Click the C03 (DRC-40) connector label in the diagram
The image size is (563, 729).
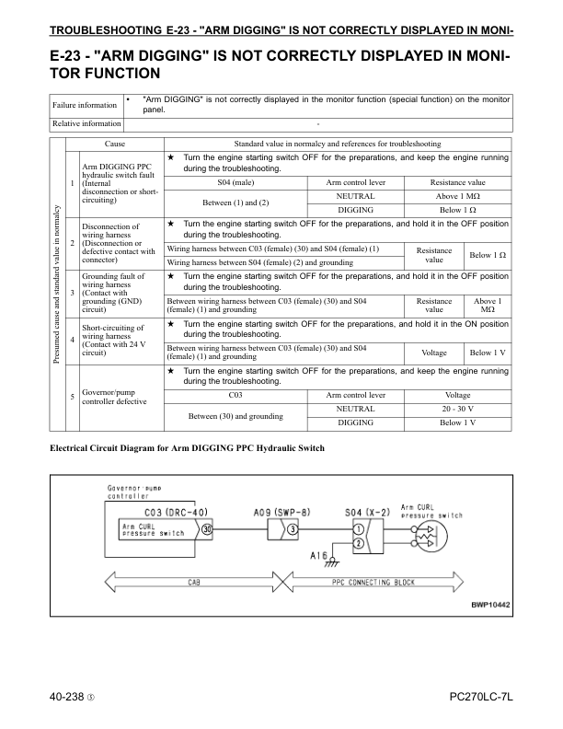180,513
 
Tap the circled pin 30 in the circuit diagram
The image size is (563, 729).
207,530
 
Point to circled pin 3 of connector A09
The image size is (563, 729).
292,530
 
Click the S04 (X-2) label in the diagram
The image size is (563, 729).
365,513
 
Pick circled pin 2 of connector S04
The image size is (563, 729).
357,543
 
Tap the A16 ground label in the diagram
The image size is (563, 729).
320,555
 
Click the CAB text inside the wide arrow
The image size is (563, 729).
195,583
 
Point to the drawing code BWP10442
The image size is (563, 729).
489,605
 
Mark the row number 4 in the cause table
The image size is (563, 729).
73,340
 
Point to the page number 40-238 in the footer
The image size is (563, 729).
73,700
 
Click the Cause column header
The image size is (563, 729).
115,145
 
